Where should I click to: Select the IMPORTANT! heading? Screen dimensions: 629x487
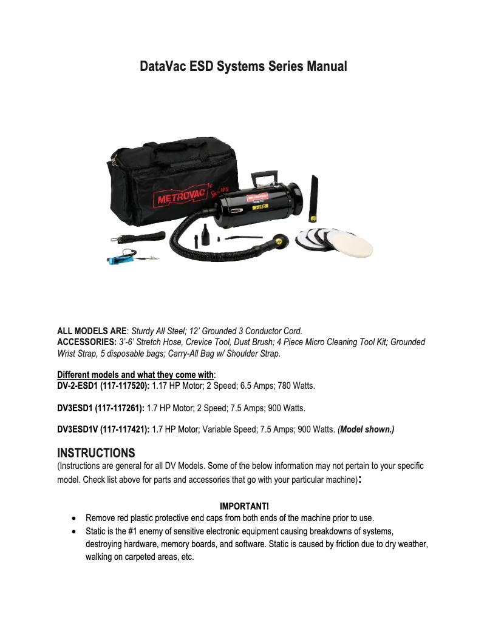244,506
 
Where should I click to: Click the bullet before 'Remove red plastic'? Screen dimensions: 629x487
73,519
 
